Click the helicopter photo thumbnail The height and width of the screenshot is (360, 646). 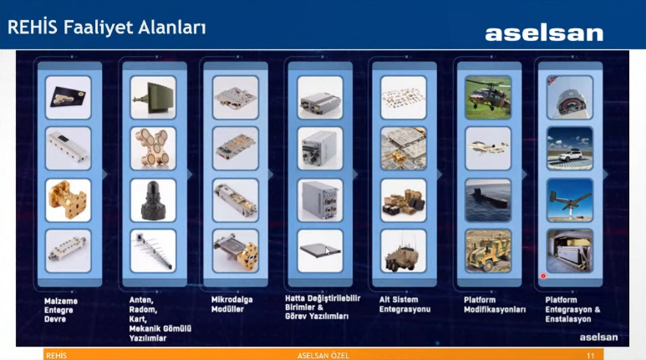pos(488,98)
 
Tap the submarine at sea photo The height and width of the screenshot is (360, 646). pos(488,200)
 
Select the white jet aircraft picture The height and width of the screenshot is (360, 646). pos(488,149)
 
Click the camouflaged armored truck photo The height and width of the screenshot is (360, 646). pos(488,251)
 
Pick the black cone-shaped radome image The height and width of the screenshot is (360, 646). pos(153,200)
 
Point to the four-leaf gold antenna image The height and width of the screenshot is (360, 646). pos(153,149)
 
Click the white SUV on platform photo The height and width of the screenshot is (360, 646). pos(569,149)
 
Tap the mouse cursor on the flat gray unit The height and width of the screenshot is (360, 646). pos(328,251)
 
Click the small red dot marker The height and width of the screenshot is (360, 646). pos(543,276)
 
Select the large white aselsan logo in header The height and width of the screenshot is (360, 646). pos(544,33)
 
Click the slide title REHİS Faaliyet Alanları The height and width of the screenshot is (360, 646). pos(106,28)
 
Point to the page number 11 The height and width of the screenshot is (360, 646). pos(590,356)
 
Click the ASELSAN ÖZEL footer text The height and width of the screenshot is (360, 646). pos(323,356)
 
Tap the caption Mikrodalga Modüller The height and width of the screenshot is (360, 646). pos(232,304)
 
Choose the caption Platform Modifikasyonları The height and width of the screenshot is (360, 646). pos(495,305)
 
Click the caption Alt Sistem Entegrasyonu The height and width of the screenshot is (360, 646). pos(404,304)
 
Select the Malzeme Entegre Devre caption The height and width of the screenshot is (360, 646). pos(61,310)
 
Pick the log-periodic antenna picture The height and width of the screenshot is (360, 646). pos(153,251)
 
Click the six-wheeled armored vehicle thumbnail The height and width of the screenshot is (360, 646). pos(404,251)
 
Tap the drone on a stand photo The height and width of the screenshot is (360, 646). pos(569,200)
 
